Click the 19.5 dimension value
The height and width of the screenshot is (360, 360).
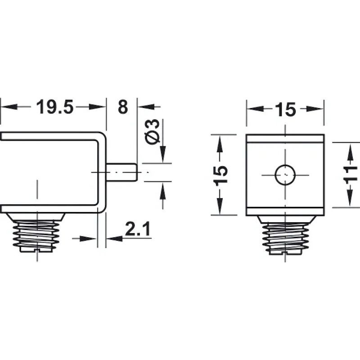(54, 108)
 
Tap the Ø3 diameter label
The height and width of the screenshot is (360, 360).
(153, 131)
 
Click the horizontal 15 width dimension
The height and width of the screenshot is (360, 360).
(285, 109)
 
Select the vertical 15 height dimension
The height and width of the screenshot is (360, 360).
(220, 174)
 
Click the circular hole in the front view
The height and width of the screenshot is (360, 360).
(285, 175)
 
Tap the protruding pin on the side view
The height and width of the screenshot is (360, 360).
(121, 171)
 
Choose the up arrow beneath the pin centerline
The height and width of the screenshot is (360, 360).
(162, 191)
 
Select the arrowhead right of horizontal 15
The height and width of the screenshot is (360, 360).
(315, 109)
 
